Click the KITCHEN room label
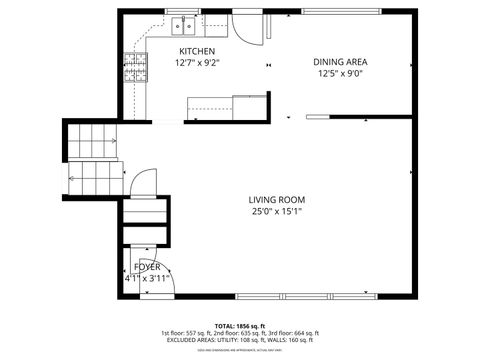(196, 51)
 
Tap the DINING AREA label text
(339, 61)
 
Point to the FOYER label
(147, 267)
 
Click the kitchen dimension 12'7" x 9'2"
(198, 63)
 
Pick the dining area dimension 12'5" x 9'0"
(339, 73)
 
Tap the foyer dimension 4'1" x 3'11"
(145, 279)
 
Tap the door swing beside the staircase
(143, 184)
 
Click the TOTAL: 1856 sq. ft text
(239, 326)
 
